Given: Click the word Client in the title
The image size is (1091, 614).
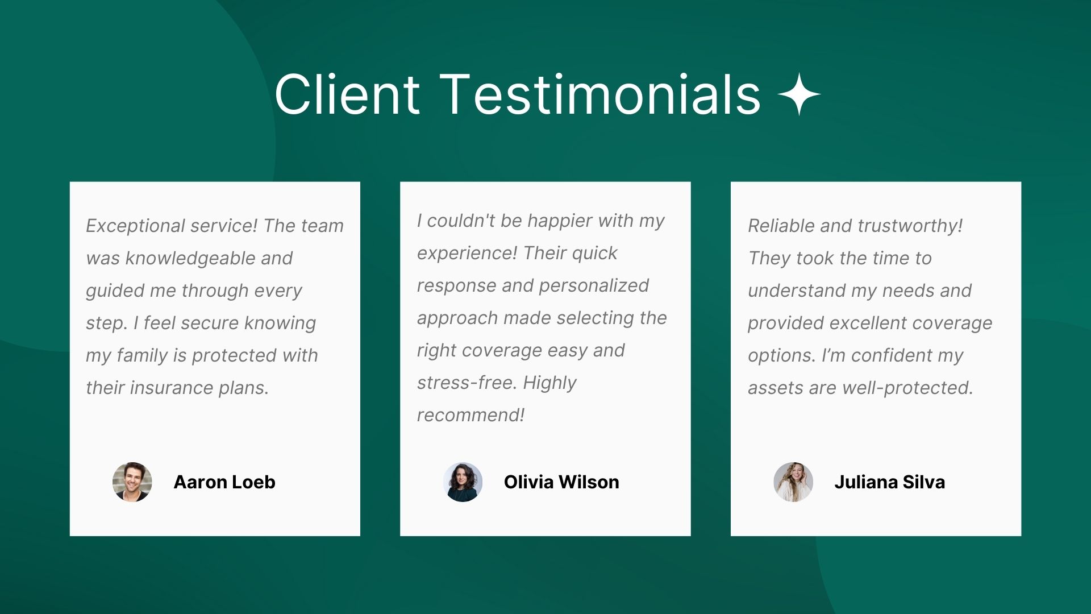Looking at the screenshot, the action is [347, 94].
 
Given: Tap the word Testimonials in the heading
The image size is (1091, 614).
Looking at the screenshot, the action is [601, 94].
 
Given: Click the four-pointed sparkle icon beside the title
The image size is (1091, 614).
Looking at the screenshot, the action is [799, 94].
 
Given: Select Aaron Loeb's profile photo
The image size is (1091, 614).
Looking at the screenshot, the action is [132, 482].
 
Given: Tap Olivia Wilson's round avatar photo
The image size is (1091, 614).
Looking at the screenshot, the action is [463, 482].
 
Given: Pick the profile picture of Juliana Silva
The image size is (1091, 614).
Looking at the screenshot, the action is [793, 482].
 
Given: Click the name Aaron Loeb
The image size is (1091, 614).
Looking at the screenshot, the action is [224, 482].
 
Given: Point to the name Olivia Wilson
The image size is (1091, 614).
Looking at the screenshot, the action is [561, 482].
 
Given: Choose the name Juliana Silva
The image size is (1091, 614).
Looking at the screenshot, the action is [890, 482].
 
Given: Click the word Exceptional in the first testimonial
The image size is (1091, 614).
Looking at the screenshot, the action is [136, 226].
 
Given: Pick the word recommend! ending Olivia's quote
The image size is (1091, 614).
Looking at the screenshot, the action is [470, 416].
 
